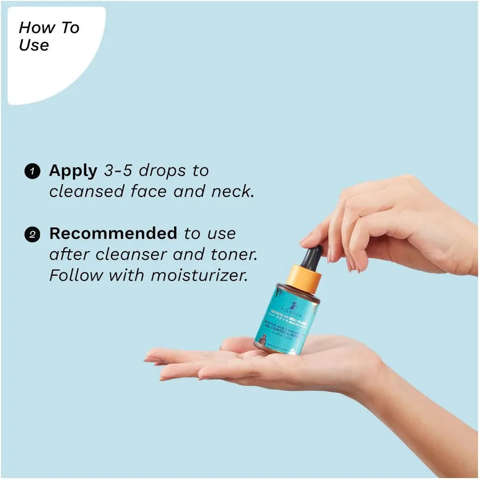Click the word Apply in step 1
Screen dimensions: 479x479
[x=73, y=171]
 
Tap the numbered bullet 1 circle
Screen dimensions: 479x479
[x=32, y=171]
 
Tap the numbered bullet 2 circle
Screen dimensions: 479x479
[x=32, y=234]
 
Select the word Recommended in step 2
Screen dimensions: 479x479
[x=113, y=233]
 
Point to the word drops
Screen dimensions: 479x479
[x=164, y=171]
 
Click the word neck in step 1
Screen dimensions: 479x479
[x=231, y=191]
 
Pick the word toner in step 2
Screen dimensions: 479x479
[x=233, y=254]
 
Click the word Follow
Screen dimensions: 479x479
[x=77, y=276]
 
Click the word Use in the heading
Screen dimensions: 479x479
[x=34, y=45]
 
